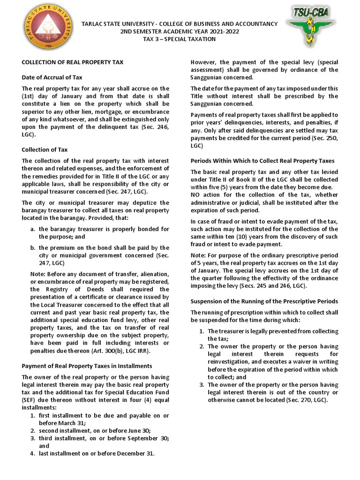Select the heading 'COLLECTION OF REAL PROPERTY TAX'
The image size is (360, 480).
[x=73, y=62]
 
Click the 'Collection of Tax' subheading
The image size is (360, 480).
[x=45, y=150]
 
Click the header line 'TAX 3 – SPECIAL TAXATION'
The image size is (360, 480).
[x=180, y=39]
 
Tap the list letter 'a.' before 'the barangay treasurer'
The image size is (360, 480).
[x=32, y=229]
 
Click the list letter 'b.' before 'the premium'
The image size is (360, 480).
[x=32, y=247]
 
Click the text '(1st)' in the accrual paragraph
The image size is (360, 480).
[x=29, y=96]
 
